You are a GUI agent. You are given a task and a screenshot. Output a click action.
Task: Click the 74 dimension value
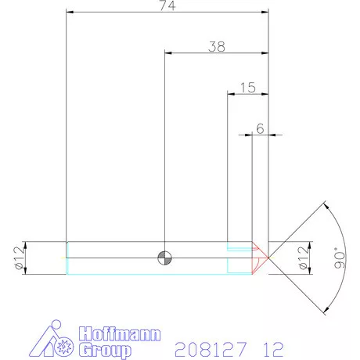click(x=166, y=7)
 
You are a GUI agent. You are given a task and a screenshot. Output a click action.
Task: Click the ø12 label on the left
click(x=16, y=256)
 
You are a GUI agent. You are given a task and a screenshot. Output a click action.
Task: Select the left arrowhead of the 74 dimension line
click(x=70, y=13)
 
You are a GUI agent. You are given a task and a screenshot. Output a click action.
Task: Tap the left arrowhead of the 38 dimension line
click(x=168, y=53)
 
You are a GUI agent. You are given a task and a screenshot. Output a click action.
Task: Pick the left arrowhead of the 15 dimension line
click(x=230, y=94)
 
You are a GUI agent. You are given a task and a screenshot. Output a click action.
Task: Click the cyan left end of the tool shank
click(x=67, y=256)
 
